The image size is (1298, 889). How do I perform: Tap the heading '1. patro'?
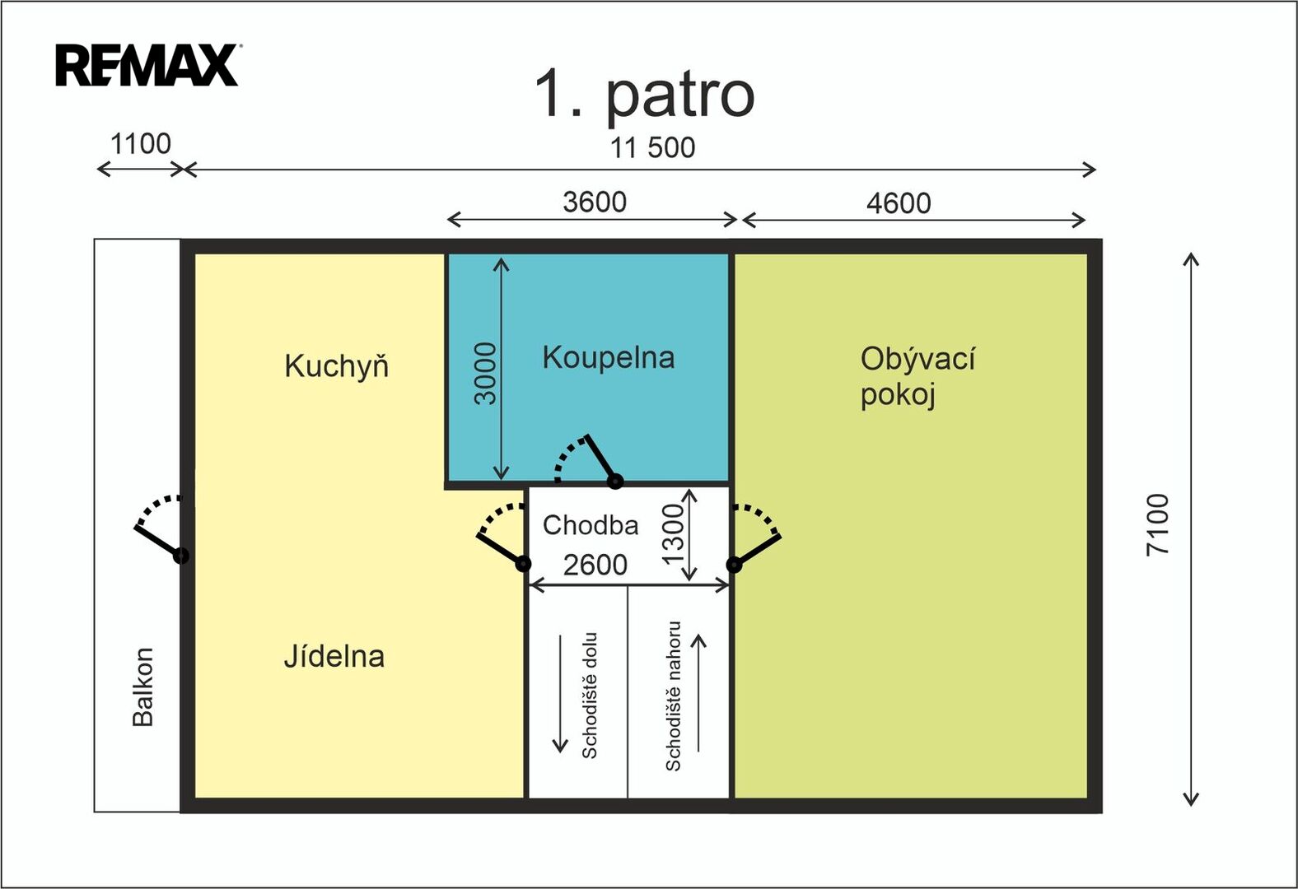[644, 95]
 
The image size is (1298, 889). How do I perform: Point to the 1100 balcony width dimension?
[141, 143]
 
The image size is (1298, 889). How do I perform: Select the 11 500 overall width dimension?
[652, 147]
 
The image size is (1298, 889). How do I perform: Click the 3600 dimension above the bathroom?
[595, 202]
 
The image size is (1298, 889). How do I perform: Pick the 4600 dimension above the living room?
[899, 203]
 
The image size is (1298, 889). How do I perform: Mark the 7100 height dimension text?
[1158, 525]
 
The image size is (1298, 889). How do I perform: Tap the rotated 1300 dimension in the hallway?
[674, 534]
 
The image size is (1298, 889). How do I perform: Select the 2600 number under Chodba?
[595, 565]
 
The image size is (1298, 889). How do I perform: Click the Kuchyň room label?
[337, 366]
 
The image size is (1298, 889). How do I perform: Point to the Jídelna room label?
[334, 656]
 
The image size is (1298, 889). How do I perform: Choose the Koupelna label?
[609, 357]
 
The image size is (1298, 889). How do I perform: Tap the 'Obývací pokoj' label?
[917, 376]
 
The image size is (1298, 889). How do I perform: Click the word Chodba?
[591, 525]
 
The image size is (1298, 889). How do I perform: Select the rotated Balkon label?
[142, 687]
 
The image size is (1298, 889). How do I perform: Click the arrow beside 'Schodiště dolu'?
[560, 694]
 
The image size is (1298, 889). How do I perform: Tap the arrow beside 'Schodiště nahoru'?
[699, 693]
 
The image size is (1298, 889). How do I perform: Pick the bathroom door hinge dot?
[614, 482]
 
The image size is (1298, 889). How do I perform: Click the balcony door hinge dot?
[181, 556]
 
